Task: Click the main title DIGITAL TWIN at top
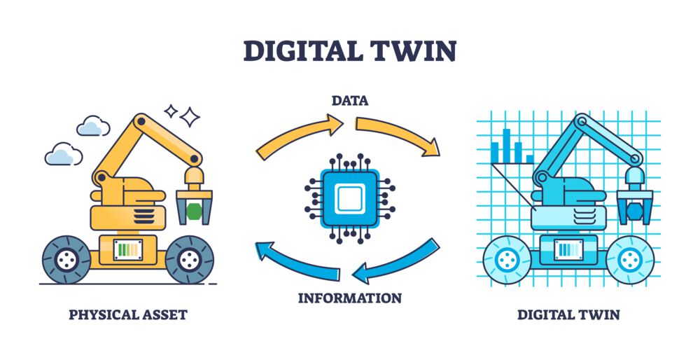click(x=349, y=50)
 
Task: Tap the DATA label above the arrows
click(x=350, y=100)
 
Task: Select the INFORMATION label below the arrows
click(x=350, y=298)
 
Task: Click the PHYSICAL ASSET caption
click(x=128, y=314)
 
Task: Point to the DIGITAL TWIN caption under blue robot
click(x=568, y=314)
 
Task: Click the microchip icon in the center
click(x=350, y=199)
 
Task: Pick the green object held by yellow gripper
click(x=194, y=211)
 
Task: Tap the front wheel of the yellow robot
click(x=189, y=260)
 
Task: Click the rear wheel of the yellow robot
click(x=66, y=260)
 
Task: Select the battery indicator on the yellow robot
click(x=128, y=249)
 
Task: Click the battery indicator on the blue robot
click(x=568, y=249)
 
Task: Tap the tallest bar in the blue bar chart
click(x=507, y=146)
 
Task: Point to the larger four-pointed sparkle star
click(x=190, y=117)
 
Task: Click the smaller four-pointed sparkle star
click(x=171, y=111)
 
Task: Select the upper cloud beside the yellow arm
click(x=93, y=126)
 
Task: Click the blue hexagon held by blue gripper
click(x=635, y=211)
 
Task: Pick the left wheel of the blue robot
click(x=507, y=260)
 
